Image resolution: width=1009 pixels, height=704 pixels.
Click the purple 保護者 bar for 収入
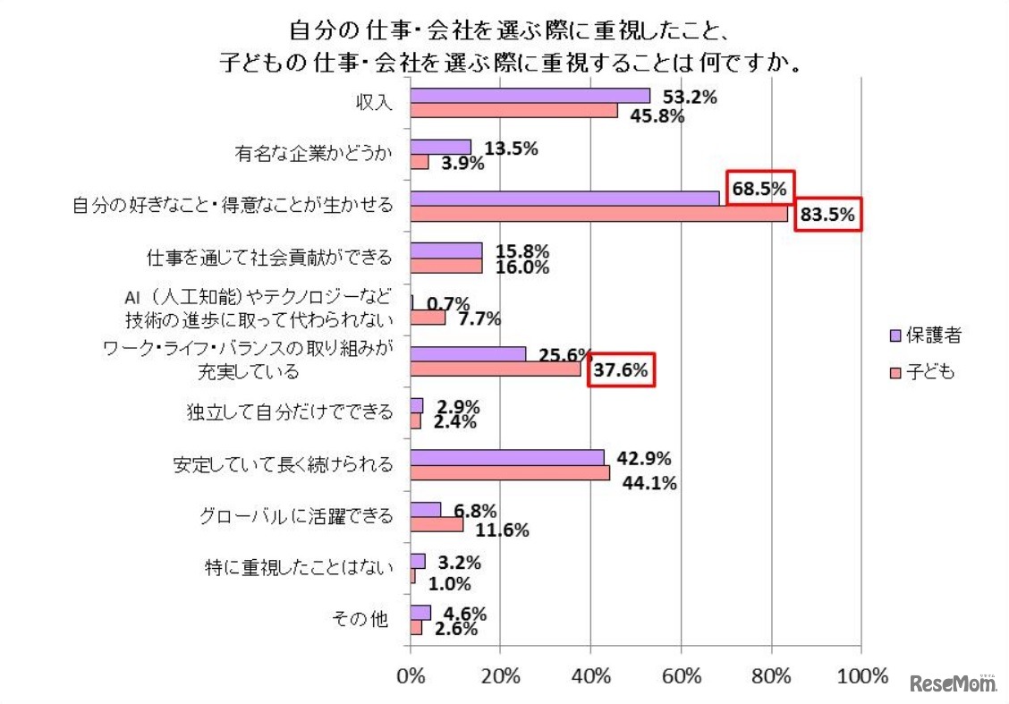[x=530, y=96]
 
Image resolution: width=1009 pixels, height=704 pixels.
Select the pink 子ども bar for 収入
[x=513, y=110]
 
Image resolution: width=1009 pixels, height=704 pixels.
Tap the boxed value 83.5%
[x=827, y=215]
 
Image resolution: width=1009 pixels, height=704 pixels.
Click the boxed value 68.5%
[x=759, y=189]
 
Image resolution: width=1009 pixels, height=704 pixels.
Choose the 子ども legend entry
[x=918, y=372]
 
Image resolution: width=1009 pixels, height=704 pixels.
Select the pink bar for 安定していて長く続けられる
[x=510, y=472]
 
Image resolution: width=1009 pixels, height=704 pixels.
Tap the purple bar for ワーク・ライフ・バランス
[x=468, y=354]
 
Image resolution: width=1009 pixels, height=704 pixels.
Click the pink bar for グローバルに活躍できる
[x=437, y=524]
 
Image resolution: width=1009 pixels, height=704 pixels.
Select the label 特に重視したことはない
[x=299, y=568]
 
